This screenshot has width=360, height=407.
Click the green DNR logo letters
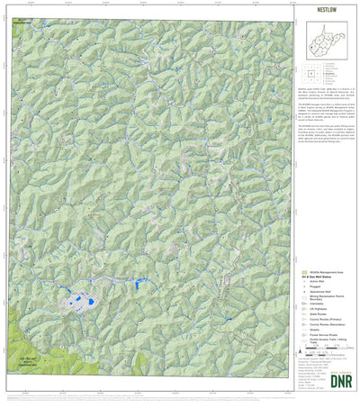(333, 379)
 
